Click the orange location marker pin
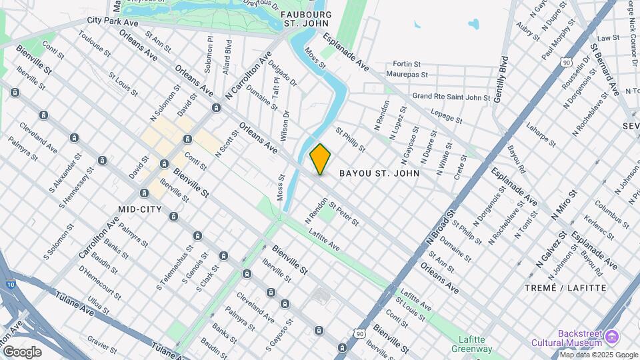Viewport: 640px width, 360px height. (x=320, y=159)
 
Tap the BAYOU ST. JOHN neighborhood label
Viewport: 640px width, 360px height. (x=379, y=173)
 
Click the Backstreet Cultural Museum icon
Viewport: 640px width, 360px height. (x=611, y=335)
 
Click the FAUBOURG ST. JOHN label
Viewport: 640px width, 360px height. (x=307, y=19)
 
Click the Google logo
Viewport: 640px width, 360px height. (x=23, y=351)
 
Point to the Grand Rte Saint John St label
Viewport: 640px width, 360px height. (x=451, y=97)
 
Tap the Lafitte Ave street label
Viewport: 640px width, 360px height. (x=324, y=241)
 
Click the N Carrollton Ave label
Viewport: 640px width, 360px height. (x=248, y=77)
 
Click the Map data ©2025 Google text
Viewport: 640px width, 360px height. (x=599, y=355)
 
